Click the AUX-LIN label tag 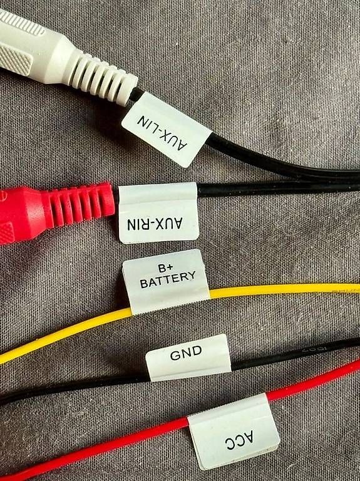tap(167, 130)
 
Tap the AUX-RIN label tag tap(158, 213)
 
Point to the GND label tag tap(188, 358)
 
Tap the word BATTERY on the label tap(168, 279)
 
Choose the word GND tap(186, 353)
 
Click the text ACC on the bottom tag tap(240, 440)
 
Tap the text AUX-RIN tap(155, 224)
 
